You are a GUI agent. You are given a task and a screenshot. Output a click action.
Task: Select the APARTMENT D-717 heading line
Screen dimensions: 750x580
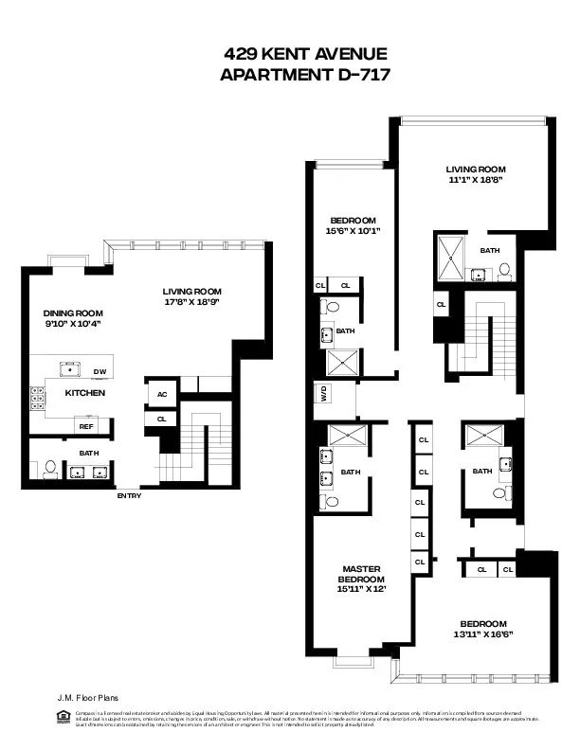[303, 75]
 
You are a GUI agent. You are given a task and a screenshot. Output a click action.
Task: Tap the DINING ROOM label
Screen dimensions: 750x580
[73, 313]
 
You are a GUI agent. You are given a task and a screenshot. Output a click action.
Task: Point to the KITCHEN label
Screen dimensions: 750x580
[84, 392]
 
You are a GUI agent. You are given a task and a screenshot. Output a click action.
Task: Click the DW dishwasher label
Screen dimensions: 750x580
[99, 371]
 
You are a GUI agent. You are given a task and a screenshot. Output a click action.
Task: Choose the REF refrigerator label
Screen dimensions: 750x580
[86, 427]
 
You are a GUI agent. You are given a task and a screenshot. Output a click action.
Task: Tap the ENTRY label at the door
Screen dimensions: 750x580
[129, 495]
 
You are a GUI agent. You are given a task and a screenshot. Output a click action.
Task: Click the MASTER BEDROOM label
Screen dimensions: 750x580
[363, 574]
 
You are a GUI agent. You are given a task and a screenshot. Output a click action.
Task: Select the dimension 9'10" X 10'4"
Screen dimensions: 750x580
[73, 324]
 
